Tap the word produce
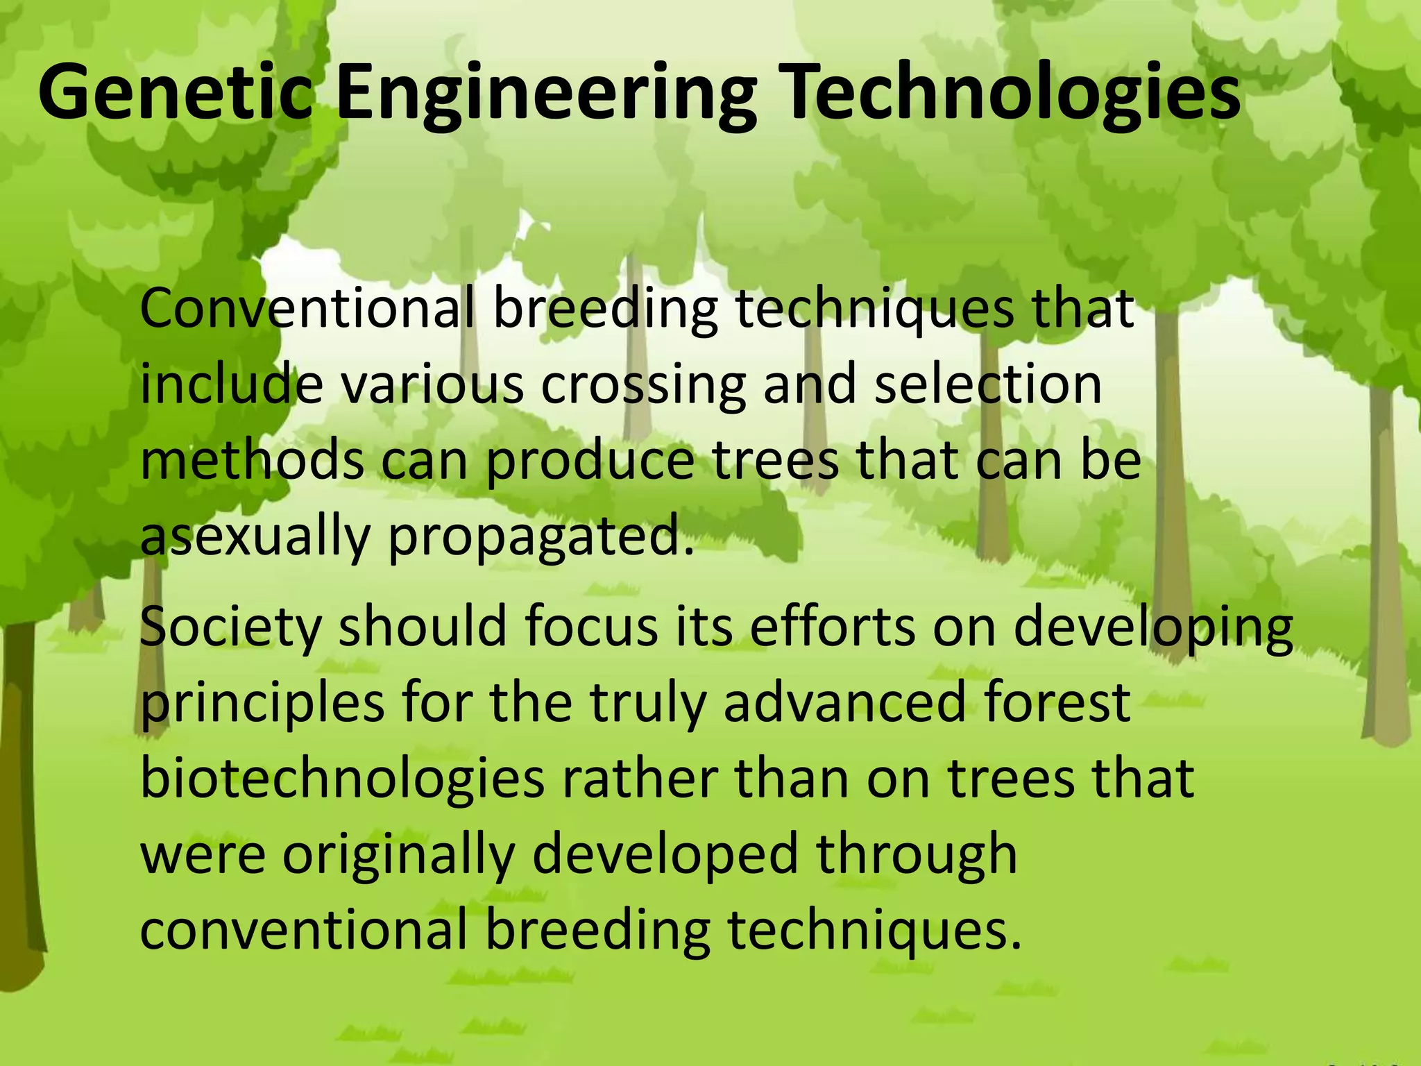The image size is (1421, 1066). click(x=590, y=463)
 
